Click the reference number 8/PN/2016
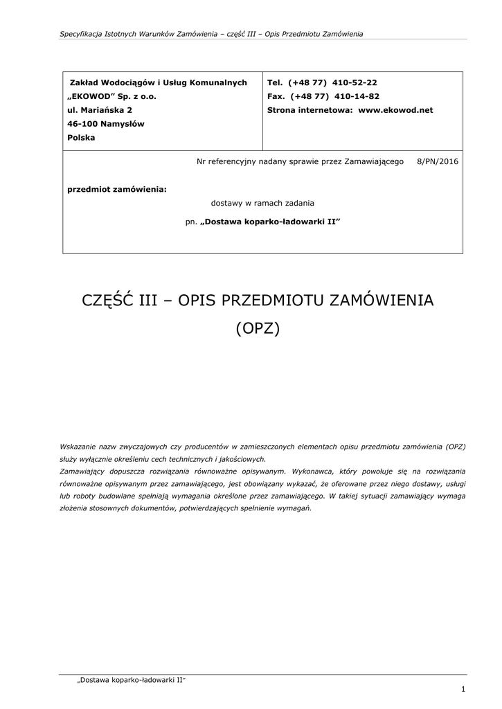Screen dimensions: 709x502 (438, 161)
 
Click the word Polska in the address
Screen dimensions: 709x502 (82, 138)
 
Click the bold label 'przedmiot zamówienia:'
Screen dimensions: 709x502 (117, 188)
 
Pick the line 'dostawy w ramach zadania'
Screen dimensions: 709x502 (262, 203)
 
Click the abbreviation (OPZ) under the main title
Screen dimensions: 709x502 (258, 328)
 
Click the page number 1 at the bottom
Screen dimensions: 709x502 (462, 688)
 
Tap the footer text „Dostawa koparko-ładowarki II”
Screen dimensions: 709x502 (132, 681)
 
